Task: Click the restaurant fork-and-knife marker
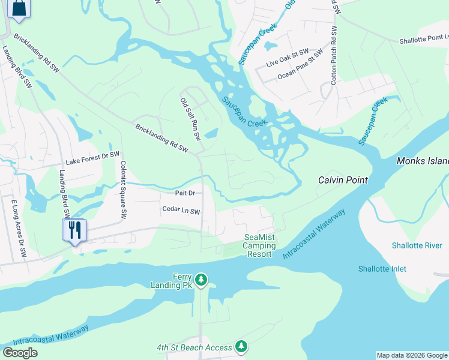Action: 75,229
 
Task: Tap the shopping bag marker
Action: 19,8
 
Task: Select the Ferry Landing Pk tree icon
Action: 202,280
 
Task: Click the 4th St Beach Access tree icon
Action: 241,346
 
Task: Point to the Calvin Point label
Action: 342,180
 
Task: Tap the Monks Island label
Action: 423,161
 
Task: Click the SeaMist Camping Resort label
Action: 261,245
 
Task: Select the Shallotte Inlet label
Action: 382,269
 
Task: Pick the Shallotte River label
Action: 417,245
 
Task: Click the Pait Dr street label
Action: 185,193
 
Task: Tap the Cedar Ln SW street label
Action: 181,209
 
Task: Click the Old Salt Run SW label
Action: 190,119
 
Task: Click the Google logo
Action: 20,352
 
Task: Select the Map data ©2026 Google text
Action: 411,355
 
